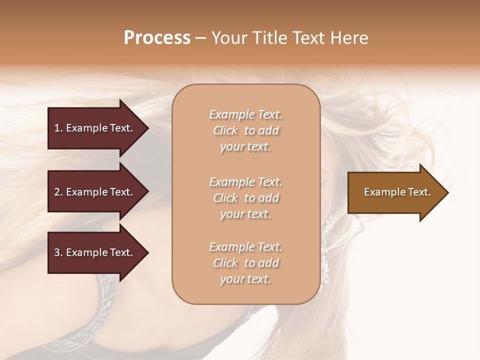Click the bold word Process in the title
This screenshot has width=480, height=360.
pos(157,38)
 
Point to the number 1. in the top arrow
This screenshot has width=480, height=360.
pos(58,128)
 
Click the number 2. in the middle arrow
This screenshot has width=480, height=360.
pos(58,192)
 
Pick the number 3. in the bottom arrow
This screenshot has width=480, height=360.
pos(58,252)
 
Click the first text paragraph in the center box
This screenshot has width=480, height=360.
pos(245,130)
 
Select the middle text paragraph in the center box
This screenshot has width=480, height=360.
pos(245,198)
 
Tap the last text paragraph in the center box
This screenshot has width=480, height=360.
pos(245,263)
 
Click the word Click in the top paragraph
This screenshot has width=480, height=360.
pos(225,131)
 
